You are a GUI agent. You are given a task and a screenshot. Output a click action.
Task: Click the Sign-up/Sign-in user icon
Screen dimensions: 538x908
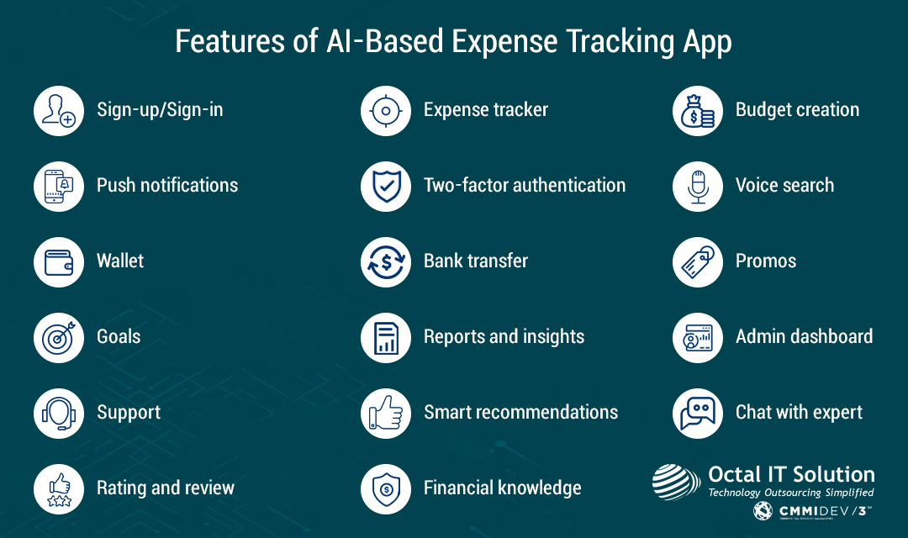coord(59,110)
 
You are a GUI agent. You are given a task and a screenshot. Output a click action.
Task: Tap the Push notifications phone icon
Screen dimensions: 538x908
coord(59,186)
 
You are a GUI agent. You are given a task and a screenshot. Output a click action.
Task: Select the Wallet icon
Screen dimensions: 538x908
coord(59,261)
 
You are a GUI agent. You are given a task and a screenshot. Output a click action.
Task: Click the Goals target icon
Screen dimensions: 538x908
coord(59,337)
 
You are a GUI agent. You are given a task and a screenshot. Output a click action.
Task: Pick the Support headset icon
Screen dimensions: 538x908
coord(59,413)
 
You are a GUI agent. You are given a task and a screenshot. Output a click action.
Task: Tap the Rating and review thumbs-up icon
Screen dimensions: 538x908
coord(59,488)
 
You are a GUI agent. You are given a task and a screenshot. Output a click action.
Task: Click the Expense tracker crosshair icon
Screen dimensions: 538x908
coord(386,110)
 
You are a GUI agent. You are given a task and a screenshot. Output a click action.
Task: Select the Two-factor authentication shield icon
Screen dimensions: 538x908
coord(386,186)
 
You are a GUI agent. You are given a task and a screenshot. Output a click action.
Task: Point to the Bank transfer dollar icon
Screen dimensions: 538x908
coord(386,261)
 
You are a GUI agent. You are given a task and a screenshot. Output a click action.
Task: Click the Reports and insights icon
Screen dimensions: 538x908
coord(386,337)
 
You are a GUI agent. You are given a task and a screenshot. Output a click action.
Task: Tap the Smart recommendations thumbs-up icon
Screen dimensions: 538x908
coord(386,413)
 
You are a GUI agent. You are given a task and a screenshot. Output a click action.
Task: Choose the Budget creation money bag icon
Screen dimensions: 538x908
coord(698,110)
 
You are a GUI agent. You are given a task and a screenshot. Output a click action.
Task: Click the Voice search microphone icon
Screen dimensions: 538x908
coord(698,186)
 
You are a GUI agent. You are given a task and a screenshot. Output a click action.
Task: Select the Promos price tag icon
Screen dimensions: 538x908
coord(698,261)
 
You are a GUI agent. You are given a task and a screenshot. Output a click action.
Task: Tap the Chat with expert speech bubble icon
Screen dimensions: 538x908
coord(698,413)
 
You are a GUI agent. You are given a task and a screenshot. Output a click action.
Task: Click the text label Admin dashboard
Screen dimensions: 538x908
coord(804,337)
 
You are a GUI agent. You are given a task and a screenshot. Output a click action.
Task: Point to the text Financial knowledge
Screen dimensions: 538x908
coord(502,488)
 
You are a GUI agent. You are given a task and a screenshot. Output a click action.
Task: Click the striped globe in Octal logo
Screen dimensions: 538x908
coord(676,481)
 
